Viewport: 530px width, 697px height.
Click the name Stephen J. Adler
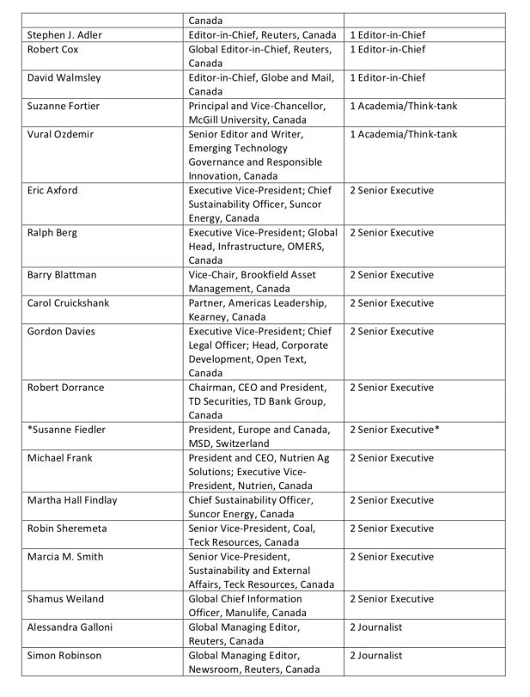[x=65, y=35]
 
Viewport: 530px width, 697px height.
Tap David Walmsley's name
[x=64, y=77]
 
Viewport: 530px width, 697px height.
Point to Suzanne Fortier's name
[x=63, y=106]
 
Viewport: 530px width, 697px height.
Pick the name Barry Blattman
[x=62, y=275]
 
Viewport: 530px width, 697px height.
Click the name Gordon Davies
[x=61, y=332]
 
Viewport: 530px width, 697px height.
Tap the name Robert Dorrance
[x=65, y=388]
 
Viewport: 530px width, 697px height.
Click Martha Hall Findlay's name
[x=72, y=500]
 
